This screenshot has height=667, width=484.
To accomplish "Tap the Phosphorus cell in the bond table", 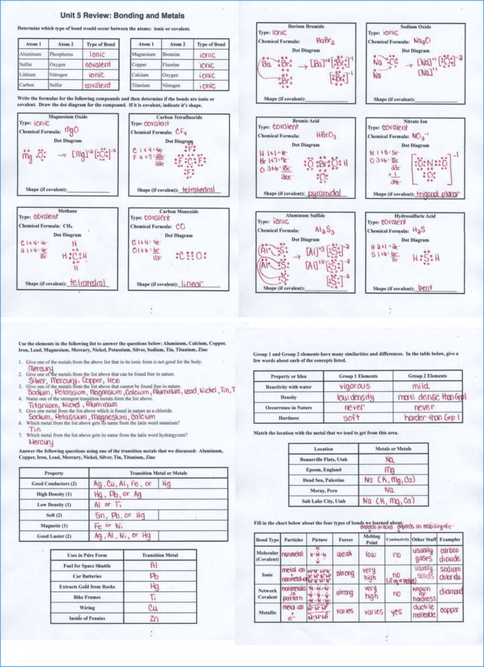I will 60,53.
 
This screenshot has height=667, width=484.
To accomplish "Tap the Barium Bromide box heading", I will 306,25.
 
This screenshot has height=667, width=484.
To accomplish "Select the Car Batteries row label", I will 87,574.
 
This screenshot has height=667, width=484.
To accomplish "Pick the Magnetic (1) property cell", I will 54,525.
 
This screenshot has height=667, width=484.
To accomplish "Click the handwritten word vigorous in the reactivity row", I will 354,386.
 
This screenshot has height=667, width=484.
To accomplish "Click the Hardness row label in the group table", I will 288,417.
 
